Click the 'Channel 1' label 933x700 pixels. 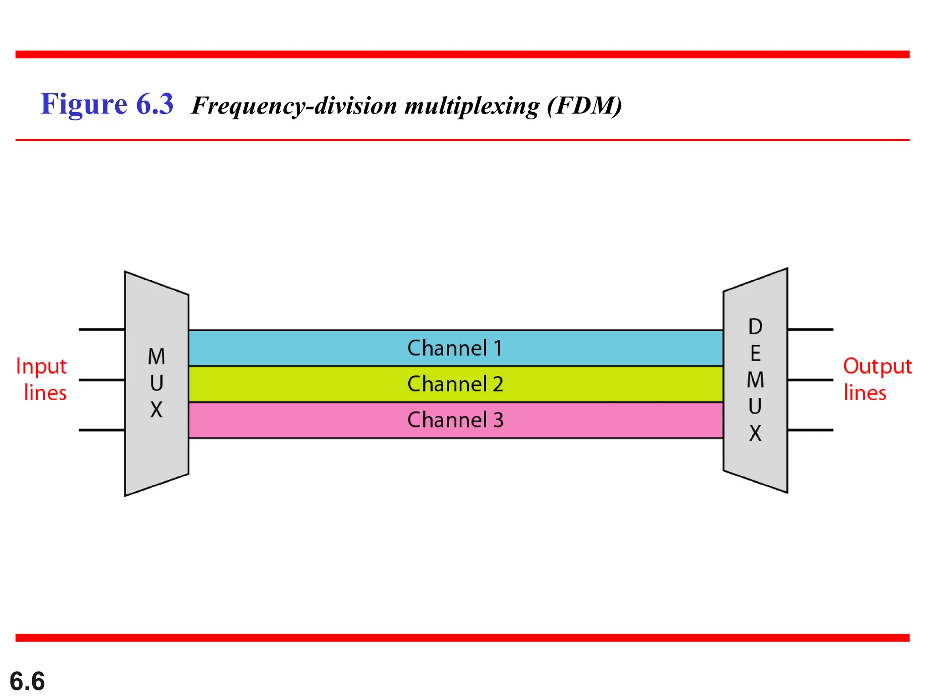pos(455,348)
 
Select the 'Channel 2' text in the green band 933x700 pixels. pos(455,384)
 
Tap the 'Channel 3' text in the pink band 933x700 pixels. pos(455,420)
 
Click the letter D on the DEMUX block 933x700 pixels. pos(755,327)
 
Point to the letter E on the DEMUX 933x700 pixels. pos(755,354)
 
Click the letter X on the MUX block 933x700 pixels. pos(156,410)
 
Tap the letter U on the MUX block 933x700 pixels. pos(156,383)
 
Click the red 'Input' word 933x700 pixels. pos(41,366)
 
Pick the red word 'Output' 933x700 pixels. pos(877,366)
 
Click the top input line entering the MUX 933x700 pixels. pos(102,329)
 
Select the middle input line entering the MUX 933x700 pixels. pos(102,380)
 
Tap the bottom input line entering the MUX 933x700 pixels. pos(102,430)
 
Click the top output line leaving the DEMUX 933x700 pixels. pos(810,329)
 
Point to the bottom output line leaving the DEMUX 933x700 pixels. pos(810,430)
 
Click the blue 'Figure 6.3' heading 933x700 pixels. pos(107,104)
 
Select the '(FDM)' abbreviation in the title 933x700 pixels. pos(584,106)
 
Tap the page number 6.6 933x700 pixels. pos(27,681)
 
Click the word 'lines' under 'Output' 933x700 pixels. pos(865,393)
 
